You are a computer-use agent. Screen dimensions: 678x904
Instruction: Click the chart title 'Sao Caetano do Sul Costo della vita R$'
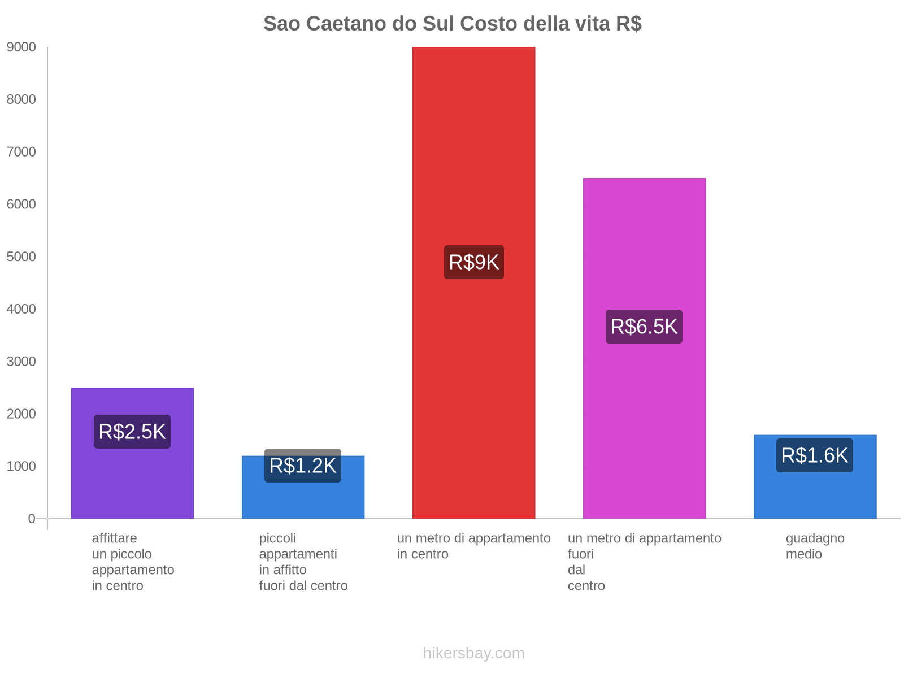[452, 24]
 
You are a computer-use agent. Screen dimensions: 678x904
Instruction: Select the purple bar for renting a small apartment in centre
[132, 480]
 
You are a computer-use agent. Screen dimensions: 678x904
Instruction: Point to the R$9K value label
[473, 262]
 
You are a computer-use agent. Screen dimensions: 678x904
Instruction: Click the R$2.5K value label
[132, 432]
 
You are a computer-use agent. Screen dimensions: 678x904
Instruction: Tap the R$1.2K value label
[303, 466]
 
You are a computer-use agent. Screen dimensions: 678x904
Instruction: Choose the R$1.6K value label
[815, 455]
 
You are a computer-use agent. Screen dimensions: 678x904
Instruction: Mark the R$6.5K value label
[644, 327]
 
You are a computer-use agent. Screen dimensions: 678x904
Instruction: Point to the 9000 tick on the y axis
[21, 47]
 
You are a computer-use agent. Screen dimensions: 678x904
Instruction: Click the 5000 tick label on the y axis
[21, 257]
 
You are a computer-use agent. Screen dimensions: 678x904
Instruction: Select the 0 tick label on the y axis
[32, 519]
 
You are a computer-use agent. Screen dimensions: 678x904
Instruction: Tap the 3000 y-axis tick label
[21, 362]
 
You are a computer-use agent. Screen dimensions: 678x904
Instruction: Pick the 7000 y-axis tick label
[21, 152]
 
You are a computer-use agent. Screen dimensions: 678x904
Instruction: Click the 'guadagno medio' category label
[815, 546]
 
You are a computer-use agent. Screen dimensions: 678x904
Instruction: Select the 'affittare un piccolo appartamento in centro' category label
[133, 562]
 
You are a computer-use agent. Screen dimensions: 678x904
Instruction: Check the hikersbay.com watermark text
[473, 653]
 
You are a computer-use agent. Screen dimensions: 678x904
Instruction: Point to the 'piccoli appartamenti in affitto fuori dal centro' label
[303, 562]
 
